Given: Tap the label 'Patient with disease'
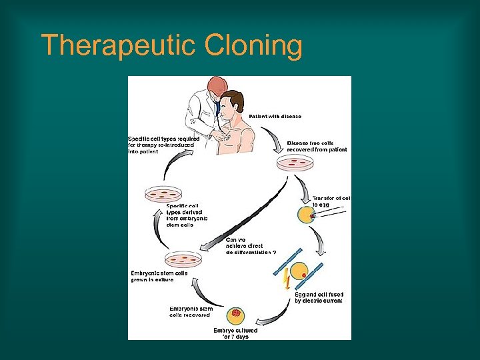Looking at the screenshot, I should click(275, 117).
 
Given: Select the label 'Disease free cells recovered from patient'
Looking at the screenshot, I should click(317, 146).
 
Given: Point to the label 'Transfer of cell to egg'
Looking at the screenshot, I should click(331, 202).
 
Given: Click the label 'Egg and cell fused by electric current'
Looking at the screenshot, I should click(318, 297).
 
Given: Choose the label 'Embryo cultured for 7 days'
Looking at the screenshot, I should click(235, 333).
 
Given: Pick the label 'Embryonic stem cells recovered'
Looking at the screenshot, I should click(191, 311).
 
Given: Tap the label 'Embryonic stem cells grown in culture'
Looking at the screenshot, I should click(159, 276).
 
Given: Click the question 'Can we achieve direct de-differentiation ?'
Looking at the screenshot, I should click(252, 246).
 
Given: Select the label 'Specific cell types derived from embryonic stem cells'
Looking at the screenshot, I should click(187, 215).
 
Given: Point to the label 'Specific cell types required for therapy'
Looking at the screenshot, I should click(161, 145).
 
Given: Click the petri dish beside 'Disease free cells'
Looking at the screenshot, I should click(292, 163).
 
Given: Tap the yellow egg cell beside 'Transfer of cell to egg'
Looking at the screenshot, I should click(305, 215).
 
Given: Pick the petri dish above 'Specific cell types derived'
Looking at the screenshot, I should click(163, 194).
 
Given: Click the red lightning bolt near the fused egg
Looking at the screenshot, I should click(286, 278).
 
